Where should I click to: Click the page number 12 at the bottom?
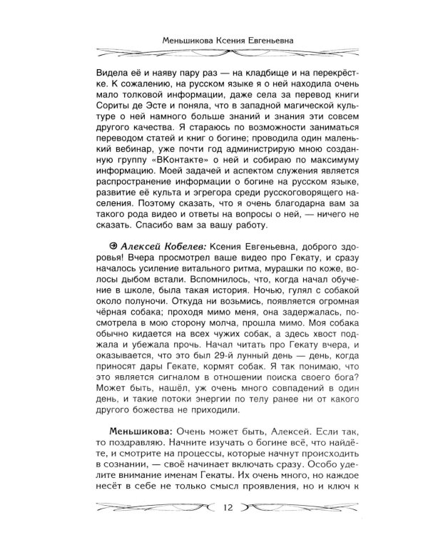(x=228, y=508)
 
